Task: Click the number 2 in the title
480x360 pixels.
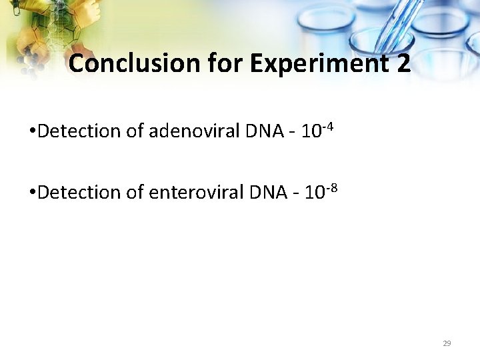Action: pyautogui.click(x=403, y=64)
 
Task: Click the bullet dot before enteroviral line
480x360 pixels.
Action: pyautogui.click(x=33, y=193)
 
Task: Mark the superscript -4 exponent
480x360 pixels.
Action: pyautogui.click(x=328, y=125)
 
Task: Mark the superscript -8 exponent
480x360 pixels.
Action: pyautogui.click(x=333, y=187)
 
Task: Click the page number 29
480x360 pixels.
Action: pyautogui.click(x=447, y=343)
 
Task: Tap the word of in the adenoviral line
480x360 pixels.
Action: pyautogui.click(x=135, y=131)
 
